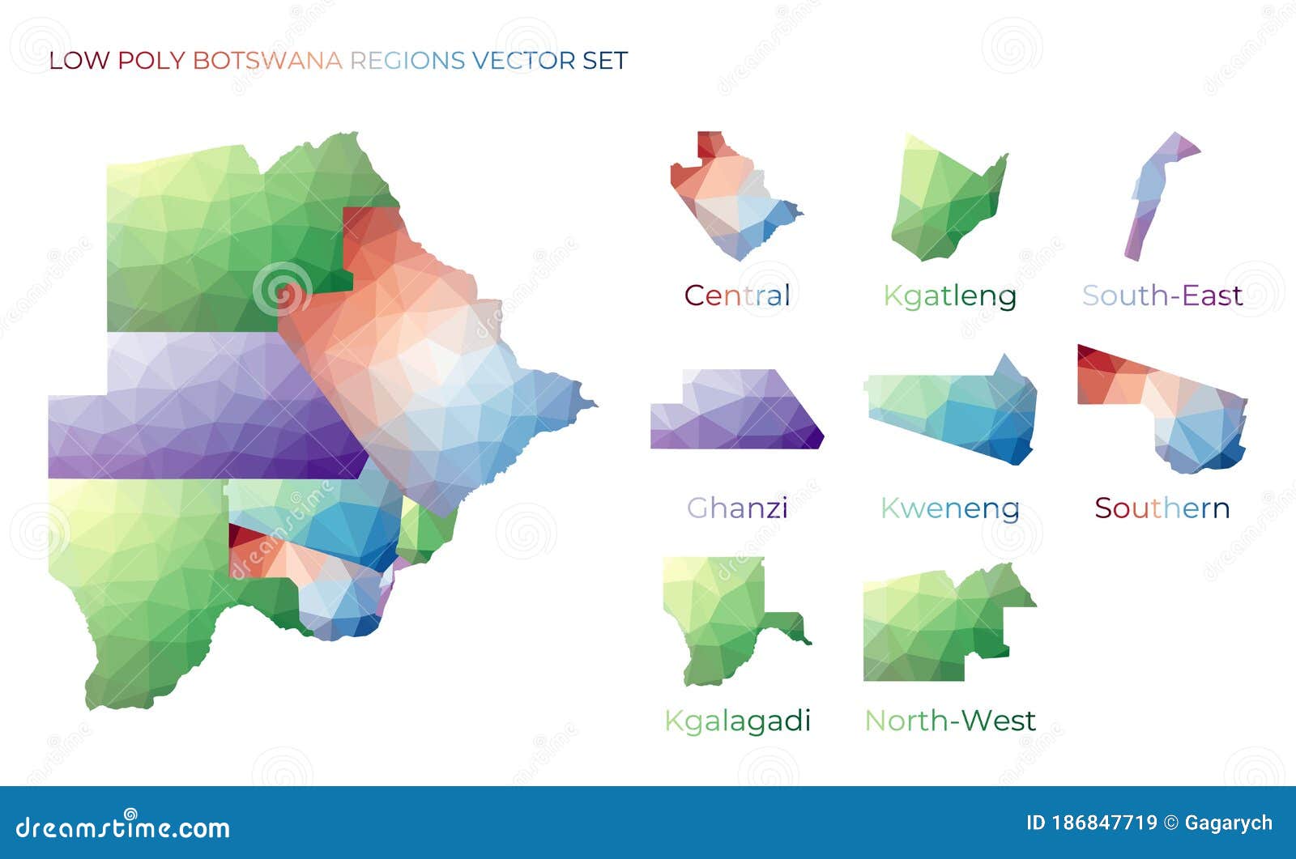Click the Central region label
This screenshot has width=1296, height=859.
(737, 296)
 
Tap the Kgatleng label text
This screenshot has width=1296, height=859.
(949, 296)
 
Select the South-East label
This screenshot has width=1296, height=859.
(1162, 296)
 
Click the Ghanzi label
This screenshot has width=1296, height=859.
(737, 508)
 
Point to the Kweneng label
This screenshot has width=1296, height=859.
(949, 508)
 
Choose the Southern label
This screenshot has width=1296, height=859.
(1162, 508)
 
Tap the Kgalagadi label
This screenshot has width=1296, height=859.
(737, 721)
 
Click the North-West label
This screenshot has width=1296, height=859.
(949, 720)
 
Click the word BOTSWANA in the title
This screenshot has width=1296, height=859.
(267, 61)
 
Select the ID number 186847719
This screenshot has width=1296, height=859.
(1104, 823)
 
